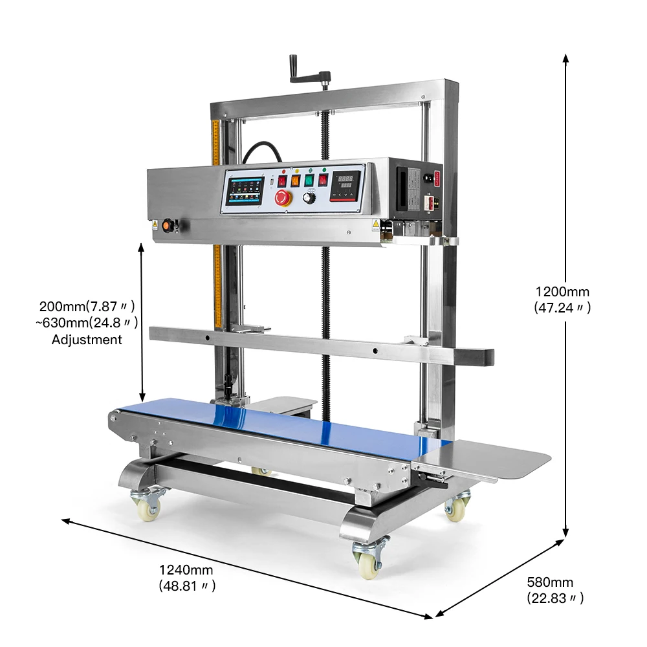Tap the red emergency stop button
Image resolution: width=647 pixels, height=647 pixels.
click(x=283, y=198)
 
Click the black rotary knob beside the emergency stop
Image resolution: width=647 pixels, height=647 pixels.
click(x=309, y=198)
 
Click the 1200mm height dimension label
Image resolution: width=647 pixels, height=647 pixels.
click(x=562, y=291)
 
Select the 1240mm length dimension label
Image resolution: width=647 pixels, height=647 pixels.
click(x=186, y=570)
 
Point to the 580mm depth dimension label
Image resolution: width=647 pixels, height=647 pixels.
click(x=550, y=583)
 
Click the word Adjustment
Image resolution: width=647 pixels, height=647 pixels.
click(x=87, y=339)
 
